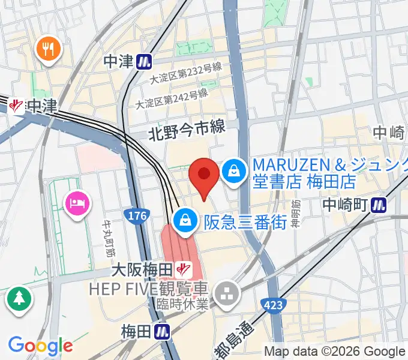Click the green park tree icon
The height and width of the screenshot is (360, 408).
[19, 298]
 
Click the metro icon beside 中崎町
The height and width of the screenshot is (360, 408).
[379, 205]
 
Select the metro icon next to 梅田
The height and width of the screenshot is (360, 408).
[161, 331]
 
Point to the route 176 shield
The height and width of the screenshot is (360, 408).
[136, 215]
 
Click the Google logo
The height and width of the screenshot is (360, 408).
[40, 346]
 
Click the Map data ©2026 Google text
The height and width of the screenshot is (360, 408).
[335, 352]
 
